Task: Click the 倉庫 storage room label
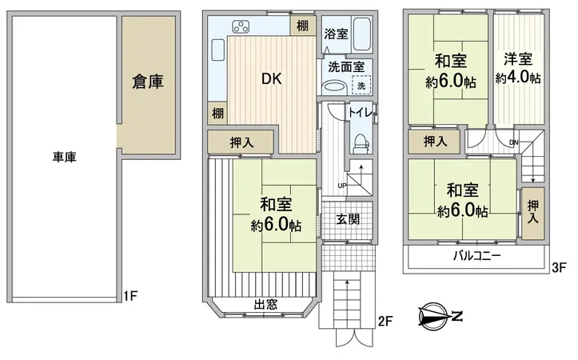coord(149,82)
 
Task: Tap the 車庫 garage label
coord(66,158)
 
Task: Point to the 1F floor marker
coord(132,296)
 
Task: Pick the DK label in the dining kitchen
coord(270,79)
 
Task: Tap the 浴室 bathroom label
coord(336,34)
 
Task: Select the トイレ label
coord(361,114)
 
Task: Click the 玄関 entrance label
coord(346,218)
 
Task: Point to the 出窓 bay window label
coord(266,303)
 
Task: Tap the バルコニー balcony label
coord(476,257)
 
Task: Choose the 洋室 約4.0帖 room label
coord(517,69)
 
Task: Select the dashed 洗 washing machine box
coord(361,86)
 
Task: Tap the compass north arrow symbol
coord(436,317)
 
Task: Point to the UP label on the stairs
coord(342,186)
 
